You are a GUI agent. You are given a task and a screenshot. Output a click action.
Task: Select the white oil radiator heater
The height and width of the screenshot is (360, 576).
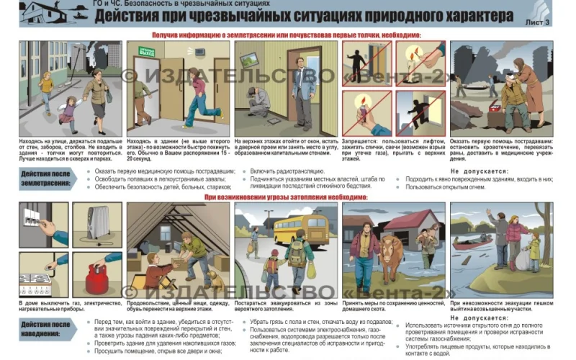96,223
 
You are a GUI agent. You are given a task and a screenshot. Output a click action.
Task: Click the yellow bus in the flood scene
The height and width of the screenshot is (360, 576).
301,229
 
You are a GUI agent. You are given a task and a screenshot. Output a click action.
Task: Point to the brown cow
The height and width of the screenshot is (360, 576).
392,256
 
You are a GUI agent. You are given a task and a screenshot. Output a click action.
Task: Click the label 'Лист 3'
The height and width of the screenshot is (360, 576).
537,23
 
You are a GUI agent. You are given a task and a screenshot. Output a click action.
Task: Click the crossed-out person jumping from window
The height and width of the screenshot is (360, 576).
420,112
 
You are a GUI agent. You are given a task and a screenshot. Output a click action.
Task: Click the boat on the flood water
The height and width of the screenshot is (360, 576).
472,244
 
